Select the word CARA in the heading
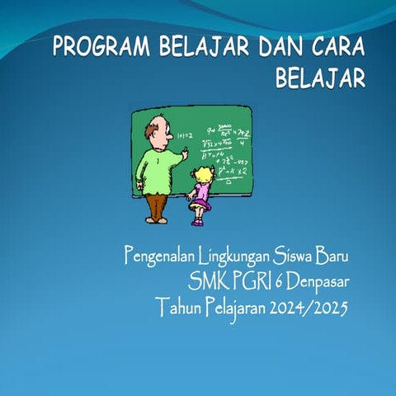click(x=333, y=46)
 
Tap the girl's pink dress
click(x=200, y=195)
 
